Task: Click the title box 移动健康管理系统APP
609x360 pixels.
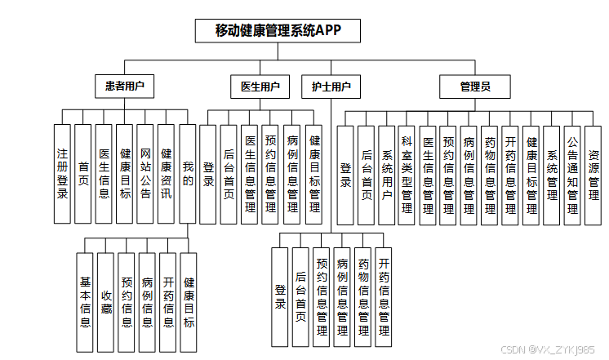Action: (278, 30)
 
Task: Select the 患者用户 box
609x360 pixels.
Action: (124, 86)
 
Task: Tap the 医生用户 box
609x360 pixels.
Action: (260, 86)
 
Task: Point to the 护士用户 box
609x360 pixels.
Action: (331, 86)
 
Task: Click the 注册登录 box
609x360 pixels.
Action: (62, 174)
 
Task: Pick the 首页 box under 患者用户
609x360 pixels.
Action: (83, 174)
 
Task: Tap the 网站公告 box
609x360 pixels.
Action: (145, 174)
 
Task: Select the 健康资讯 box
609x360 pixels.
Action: (167, 174)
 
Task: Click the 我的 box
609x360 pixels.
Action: (188, 174)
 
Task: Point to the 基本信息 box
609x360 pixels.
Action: (85, 302)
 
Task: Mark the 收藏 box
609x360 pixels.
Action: (105, 302)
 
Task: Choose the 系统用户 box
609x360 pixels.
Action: (387, 175)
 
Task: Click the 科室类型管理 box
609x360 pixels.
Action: (407, 175)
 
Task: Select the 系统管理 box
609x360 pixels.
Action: (552, 175)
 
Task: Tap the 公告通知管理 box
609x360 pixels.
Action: (572, 175)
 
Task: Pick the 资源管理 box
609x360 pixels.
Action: (593, 175)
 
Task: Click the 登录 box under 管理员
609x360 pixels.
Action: (345, 175)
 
